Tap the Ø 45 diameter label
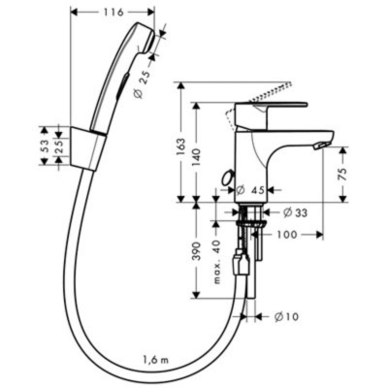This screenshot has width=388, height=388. tap(254, 191)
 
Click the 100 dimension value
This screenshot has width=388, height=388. tap(287, 234)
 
